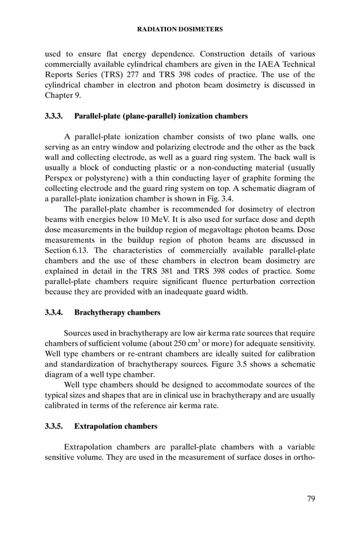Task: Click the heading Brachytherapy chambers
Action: pos(117,312)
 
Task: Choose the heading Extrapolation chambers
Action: pos(116,426)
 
